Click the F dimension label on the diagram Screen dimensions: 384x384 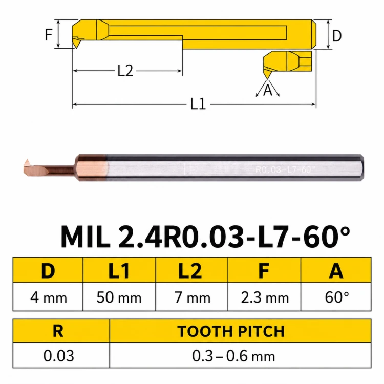[49, 34]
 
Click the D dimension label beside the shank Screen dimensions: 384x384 [337, 36]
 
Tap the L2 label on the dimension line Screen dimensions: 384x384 [125, 71]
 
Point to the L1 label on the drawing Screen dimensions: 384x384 [198, 104]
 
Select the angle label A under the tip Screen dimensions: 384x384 [268, 90]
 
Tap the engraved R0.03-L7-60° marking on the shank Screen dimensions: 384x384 [285, 169]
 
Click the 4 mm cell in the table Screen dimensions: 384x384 [48, 298]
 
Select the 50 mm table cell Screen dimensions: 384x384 [119, 298]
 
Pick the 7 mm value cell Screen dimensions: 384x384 [192, 298]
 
